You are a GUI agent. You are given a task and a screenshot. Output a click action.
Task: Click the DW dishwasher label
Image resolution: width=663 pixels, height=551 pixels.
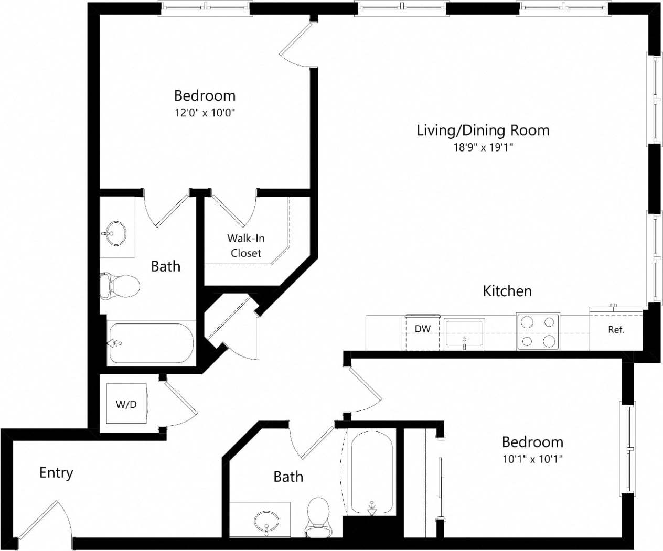click(422, 329)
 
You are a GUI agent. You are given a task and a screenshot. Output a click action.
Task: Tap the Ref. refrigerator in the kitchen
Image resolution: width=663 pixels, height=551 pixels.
click(616, 330)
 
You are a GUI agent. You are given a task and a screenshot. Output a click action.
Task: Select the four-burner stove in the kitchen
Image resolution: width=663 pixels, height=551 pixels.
click(538, 331)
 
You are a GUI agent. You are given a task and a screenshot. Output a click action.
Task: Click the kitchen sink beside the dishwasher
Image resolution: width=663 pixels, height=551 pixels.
click(464, 334)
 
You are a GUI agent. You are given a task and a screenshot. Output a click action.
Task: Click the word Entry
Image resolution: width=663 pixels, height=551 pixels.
click(56, 473)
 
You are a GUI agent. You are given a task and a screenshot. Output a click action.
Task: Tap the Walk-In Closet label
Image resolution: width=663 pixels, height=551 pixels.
click(245, 245)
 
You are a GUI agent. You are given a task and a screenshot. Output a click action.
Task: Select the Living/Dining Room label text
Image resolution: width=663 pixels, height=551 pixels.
click(483, 130)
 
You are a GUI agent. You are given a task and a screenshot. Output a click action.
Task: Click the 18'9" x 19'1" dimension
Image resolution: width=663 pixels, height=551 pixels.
click(483, 148)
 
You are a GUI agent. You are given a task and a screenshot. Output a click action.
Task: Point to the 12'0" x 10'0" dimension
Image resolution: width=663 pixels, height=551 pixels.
click(205, 113)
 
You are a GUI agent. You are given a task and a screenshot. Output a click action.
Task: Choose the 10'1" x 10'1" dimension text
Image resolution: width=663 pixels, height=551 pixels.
click(532, 459)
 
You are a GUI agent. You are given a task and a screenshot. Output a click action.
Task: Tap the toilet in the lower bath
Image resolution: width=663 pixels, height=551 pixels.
click(317, 516)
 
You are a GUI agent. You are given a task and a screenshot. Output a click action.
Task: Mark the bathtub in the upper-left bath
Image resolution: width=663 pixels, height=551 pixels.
click(151, 343)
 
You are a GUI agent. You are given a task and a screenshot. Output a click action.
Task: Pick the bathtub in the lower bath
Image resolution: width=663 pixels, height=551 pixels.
click(371, 472)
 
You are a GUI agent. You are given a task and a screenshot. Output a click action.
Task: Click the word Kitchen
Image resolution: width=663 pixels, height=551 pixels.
click(507, 291)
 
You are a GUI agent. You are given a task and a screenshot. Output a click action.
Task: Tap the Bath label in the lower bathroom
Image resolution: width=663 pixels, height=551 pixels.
click(288, 477)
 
